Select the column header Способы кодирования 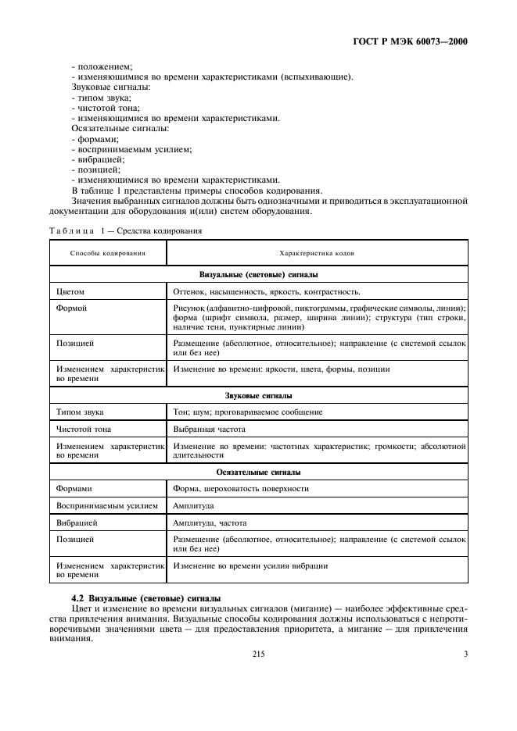click(x=107, y=254)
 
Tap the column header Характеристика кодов click(x=317, y=254)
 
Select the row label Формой click(x=71, y=308)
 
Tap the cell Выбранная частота click(x=209, y=429)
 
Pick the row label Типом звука click(x=80, y=412)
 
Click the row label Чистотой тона click(x=84, y=429)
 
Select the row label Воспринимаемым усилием click(x=101, y=505)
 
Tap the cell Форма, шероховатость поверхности click(x=240, y=488)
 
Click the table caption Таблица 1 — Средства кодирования click(x=125, y=231)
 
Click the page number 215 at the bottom click(x=259, y=654)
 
